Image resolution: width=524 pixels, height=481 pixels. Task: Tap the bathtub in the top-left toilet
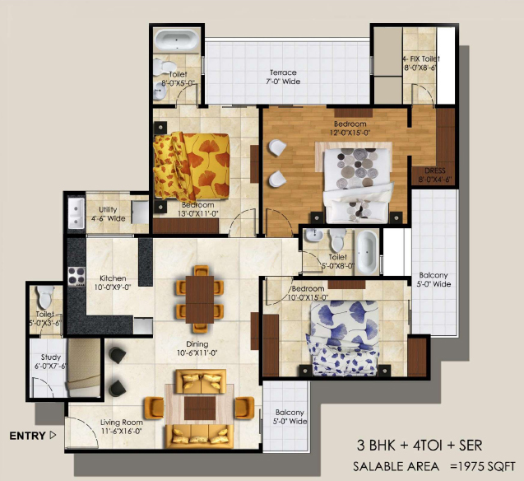pos(176,41)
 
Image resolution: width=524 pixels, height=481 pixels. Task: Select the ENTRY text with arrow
pos(33,434)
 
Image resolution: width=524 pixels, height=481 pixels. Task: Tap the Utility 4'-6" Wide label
pos(110,215)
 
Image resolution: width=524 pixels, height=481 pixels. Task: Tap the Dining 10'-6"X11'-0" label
pos(197,348)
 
